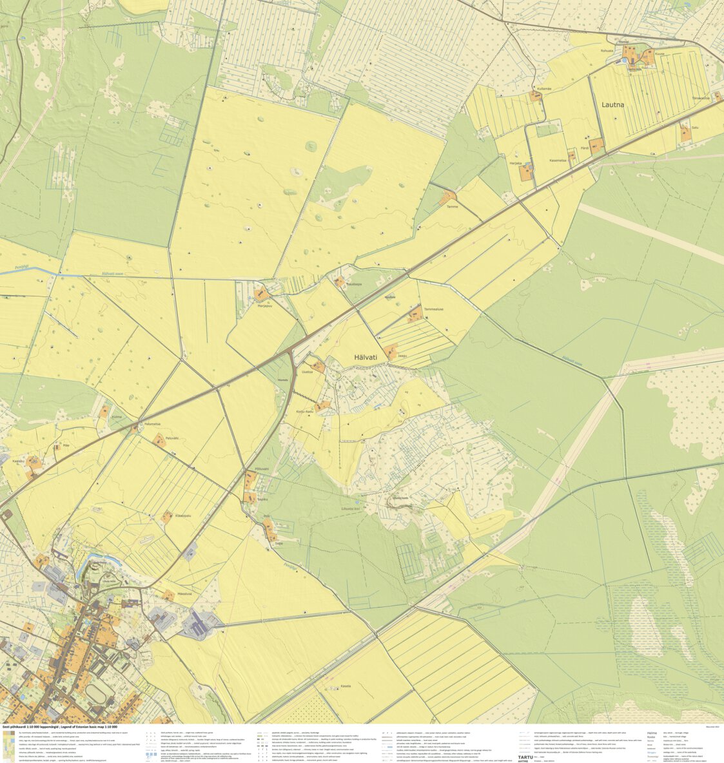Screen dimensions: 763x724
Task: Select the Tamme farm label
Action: [x=452, y=206]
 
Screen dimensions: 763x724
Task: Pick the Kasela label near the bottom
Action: [x=345, y=686]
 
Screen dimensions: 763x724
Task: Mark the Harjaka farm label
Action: [x=515, y=164]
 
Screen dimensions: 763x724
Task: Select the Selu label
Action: [x=694, y=128]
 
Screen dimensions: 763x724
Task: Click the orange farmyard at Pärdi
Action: [x=597, y=145]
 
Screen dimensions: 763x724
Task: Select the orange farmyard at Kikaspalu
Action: [x=167, y=516]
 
